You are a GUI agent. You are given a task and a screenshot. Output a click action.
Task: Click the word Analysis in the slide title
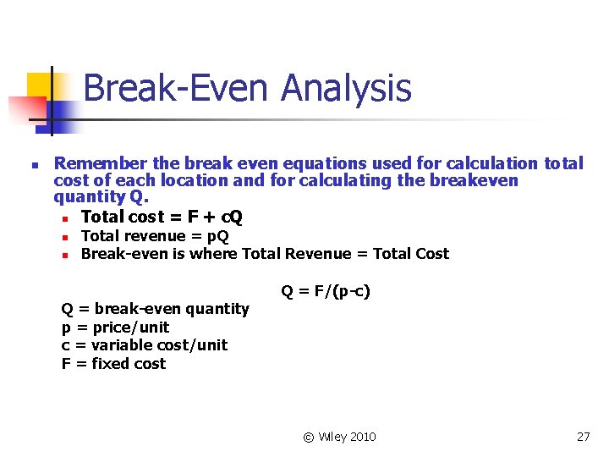click(x=347, y=89)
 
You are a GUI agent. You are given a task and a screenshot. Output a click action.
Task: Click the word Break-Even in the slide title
click(x=177, y=89)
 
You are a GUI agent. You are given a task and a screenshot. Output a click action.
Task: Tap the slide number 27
click(x=583, y=437)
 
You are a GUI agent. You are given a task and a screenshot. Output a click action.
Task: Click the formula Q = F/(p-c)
click(x=326, y=292)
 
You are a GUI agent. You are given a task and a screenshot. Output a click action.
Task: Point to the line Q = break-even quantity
click(x=156, y=309)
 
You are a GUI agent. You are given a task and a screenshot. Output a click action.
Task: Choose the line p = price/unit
click(x=115, y=328)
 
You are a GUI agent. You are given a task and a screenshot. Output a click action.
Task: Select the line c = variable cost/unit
click(x=145, y=345)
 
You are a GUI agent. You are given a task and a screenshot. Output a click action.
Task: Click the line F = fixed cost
click(x=113, y=364)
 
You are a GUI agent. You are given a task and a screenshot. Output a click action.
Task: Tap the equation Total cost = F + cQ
click(x=162, y=217)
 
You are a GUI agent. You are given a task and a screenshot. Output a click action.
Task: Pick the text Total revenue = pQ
click(x=155, y=236)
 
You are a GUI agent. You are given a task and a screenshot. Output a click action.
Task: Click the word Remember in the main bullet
click(x=94, y=163)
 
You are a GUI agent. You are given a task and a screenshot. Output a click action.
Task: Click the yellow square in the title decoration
click(x=39, y=85)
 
